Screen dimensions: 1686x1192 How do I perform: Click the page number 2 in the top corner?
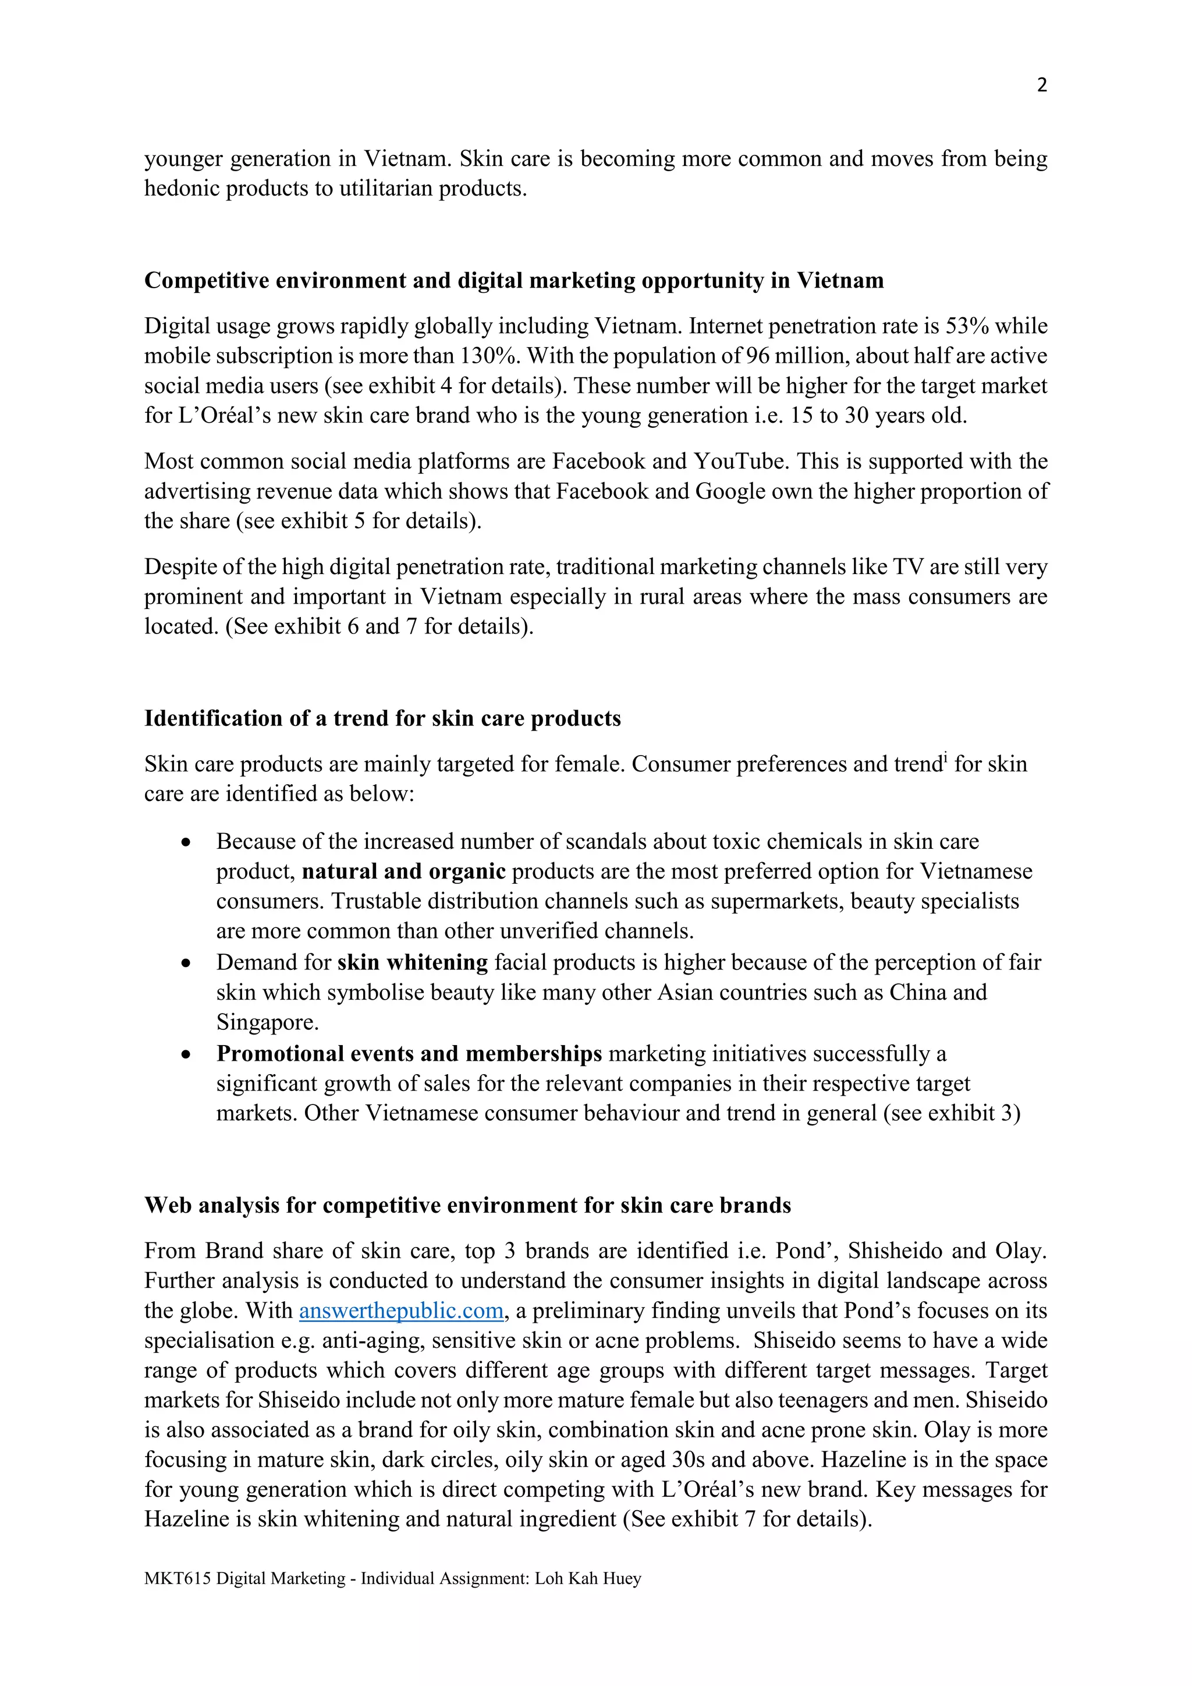(x=1041, y=85)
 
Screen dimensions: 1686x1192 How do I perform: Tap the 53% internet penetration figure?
(x=967, y=326)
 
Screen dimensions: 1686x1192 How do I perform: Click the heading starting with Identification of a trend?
(x=382, y=718)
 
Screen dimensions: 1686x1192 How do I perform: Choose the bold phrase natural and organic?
(x=404, y=872)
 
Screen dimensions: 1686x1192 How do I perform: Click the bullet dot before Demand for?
(x=186, y=963)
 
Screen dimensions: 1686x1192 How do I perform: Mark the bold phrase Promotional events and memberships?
(x=409, y=1054)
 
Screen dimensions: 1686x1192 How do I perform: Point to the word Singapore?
(x=267, y=1022)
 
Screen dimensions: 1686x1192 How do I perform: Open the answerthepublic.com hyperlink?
(x=402, y=1310)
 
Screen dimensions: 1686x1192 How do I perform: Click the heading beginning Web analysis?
(x=467, y=1205)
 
